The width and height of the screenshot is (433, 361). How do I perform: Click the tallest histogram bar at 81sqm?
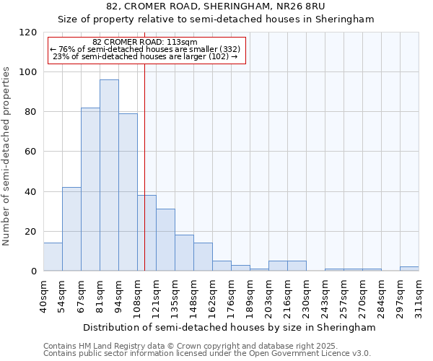pos(109,175)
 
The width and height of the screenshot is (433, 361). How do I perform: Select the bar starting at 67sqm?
pos(90,189)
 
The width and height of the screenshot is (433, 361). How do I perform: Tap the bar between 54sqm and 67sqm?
pos(71,229)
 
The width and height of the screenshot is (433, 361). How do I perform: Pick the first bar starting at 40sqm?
pos(53,257)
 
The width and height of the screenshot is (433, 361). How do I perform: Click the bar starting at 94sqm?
pos(128,192)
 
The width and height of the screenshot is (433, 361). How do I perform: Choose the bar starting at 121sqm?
pos(165,240)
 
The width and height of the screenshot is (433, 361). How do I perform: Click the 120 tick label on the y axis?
pos(28,32)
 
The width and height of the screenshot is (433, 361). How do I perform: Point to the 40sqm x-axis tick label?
pos(44,296)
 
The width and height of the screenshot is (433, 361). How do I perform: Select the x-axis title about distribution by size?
pos(229,327)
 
